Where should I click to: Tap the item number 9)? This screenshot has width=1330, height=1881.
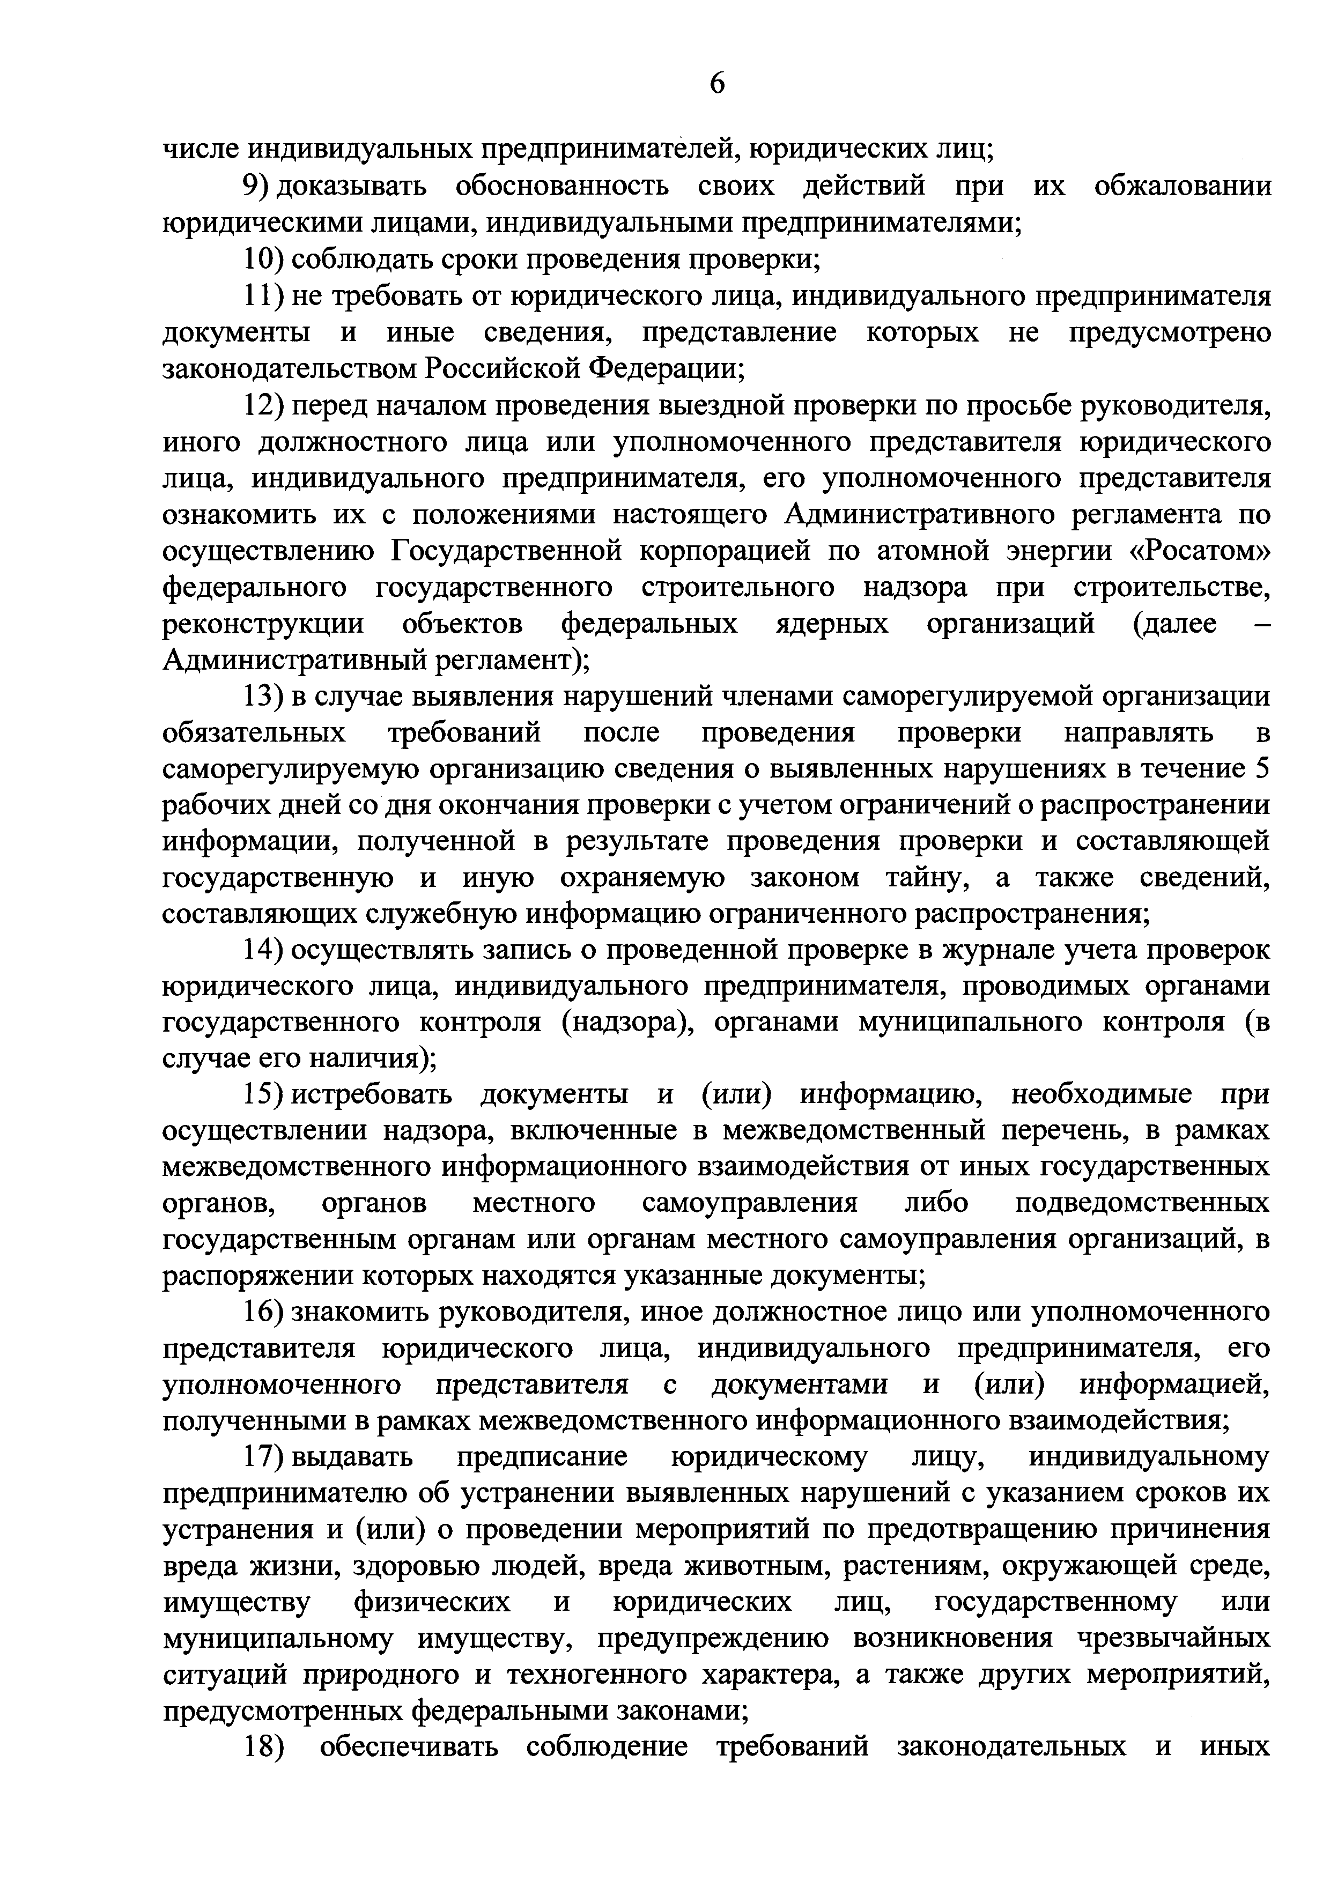(x=257, y=187)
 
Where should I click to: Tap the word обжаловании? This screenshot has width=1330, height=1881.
(x=1183, y=187)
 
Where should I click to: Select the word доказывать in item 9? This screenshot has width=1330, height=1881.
(x=352, y=187)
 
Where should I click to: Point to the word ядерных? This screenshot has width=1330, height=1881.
(x=831, y=624)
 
